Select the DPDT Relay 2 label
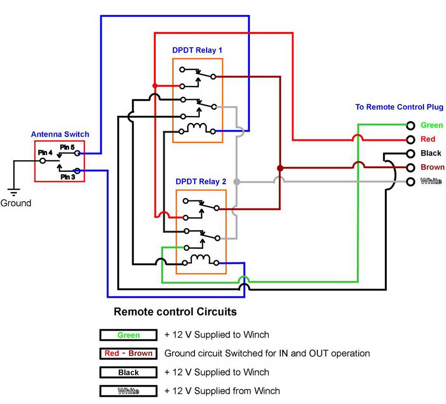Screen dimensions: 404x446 201,182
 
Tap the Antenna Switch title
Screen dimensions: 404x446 60,134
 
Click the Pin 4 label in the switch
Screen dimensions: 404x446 45,152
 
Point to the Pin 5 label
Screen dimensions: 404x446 67,148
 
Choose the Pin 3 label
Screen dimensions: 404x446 67,177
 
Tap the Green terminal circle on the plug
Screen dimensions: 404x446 411,125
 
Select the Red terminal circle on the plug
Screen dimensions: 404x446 411,139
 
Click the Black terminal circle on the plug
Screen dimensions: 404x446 411,153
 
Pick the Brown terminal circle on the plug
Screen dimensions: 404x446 411,167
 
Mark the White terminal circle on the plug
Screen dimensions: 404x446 411,181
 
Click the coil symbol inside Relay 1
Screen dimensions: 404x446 197,127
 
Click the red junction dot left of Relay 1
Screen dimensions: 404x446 155,86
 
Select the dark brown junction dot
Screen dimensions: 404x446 280,168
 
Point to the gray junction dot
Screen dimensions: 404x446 237,181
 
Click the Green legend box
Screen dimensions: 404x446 128,335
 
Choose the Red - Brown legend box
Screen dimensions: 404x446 128,354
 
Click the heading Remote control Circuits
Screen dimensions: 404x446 175,312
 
